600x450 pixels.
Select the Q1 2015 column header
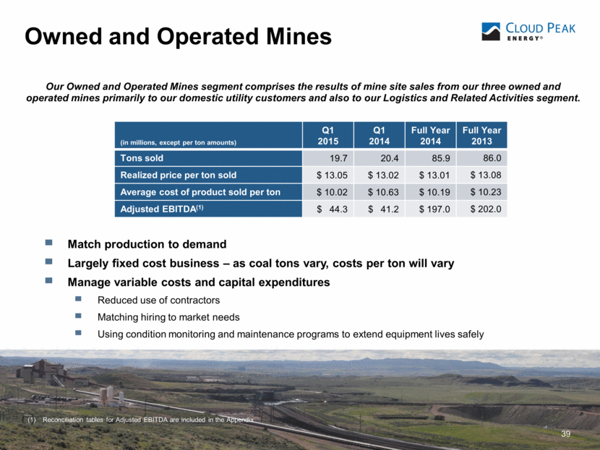328,136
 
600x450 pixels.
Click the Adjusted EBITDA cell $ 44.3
328,209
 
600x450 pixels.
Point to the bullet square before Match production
48,244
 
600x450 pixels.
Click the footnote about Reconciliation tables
148,419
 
